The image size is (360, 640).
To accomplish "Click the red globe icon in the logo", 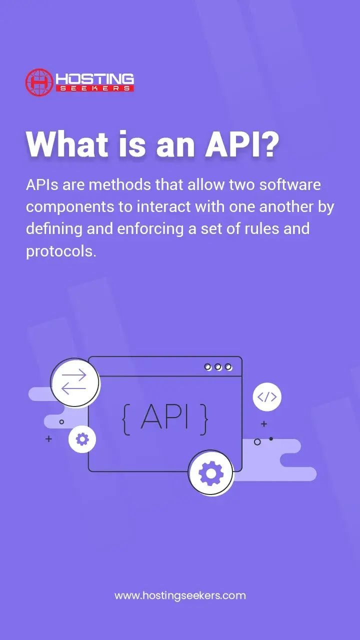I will [39, 82].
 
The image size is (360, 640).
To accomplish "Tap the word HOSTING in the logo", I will [95, 79].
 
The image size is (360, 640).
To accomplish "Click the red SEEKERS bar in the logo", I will [95, 88].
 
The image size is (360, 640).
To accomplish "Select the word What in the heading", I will [66, 145].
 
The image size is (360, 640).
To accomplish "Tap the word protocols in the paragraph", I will [60, 251].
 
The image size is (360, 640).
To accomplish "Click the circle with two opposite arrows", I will [74, 382].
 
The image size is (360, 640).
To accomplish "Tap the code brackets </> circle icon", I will [267, 397].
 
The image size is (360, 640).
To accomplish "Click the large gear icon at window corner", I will [210, 472].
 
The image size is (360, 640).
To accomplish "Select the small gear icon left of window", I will [82, 439].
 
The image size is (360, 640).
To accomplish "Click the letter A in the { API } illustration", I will [150, 416].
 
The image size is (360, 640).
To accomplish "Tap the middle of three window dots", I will [218, 367].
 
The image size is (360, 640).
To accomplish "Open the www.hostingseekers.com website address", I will [180, 595].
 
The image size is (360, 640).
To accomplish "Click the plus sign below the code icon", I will [264, 424].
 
